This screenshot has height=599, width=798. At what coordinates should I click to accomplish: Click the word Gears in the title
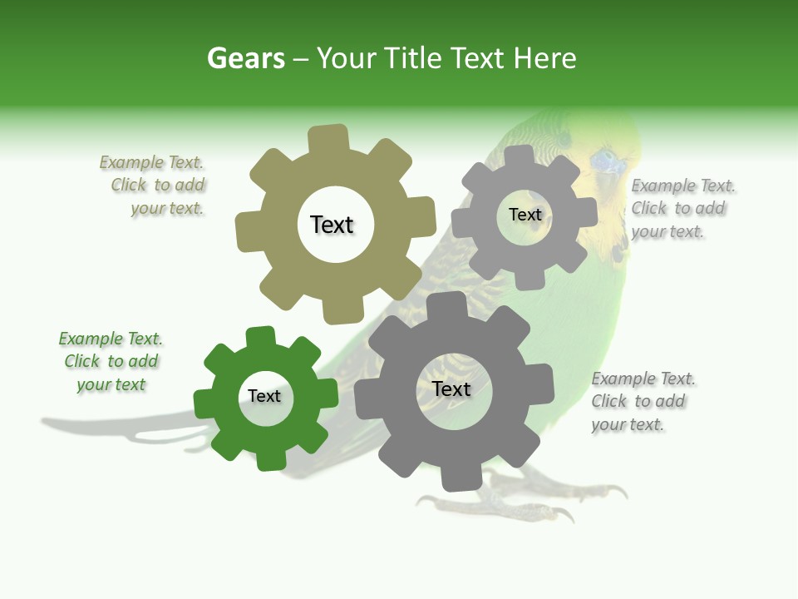click(245, 58)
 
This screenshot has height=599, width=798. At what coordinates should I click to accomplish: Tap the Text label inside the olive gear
click(332, 225)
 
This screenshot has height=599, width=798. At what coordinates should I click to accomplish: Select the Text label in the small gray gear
click(525, 215)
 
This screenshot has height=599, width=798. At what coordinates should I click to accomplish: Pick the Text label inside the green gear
click(264, 397)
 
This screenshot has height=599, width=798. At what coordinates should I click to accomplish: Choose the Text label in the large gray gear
click(451, 389)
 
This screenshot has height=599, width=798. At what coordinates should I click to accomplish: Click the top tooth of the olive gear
click(328, 138)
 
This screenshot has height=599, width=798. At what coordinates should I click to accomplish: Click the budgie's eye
click(600, 157)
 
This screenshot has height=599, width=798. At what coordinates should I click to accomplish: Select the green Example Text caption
click(111, 361)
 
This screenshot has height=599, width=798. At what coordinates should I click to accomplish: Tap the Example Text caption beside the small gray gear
click(682, 208)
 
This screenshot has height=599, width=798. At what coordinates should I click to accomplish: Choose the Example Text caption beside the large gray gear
click(643, 401)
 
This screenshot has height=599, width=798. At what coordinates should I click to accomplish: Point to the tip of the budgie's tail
click(50, 423)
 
